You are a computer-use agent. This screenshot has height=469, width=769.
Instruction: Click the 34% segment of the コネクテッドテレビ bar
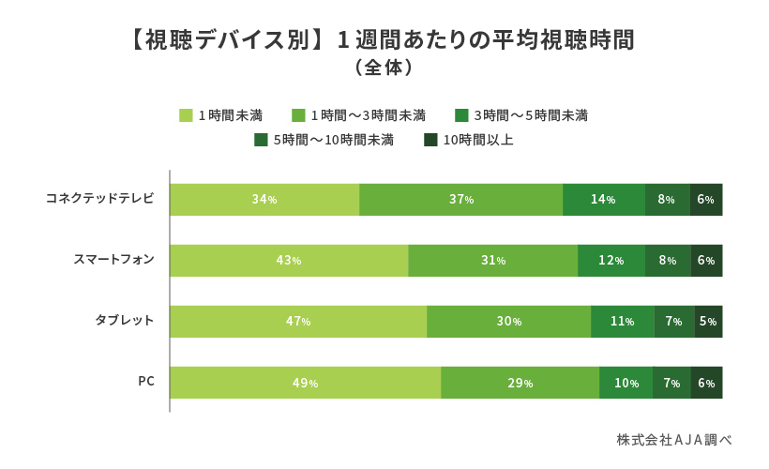(x=264, y=200)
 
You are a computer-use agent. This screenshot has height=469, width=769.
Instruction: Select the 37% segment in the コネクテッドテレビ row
(x=460, y=200)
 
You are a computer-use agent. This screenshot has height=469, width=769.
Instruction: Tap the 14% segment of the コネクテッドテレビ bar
(x=603, y=200)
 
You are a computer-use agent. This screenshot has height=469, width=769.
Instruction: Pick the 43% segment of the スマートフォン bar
(x=289, y=261)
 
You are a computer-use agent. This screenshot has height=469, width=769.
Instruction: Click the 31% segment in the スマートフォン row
(x=493, y=261)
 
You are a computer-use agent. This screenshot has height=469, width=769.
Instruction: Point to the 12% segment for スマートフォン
(x=611, y=261)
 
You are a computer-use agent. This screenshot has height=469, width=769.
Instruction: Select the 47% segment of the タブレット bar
(x=298, y=322)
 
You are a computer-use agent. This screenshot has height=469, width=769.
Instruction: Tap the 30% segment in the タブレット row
(x=509, y=322)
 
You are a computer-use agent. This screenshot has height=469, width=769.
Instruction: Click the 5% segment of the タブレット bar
(x=708, y=322)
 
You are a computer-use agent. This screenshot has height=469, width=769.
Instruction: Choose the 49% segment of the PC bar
(x=305, y=383)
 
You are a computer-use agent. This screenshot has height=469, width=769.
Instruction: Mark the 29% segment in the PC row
(x=520, y=383)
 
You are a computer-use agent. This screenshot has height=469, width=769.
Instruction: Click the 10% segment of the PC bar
(x=626, y=383)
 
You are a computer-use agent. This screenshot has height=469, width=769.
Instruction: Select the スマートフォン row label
(x=113, y=259)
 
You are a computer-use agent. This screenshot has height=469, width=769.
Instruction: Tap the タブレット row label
(x=125, y=320)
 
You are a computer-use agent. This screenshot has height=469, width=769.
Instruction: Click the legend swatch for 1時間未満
(x=186, y=115)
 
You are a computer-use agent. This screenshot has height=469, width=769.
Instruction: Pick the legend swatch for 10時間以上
(x=430, y=140)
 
